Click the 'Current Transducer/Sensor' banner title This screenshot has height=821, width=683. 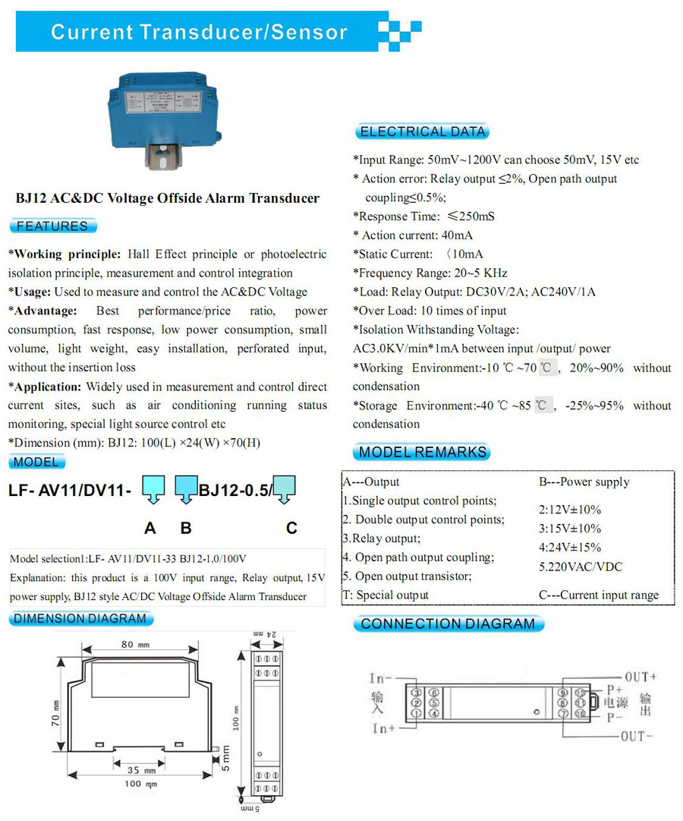[x=199, y=33]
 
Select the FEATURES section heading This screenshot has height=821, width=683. [x=52, y=226]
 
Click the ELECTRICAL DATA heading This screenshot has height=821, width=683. [x=423, y=131]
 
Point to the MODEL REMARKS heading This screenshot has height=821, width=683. [x=423, y=453]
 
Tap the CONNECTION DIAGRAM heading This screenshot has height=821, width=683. [x=448, y=624]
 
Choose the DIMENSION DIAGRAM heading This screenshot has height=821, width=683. [x=80, y=618]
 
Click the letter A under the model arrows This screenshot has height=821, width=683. [x=150, y=528]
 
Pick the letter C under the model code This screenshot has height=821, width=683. [x=291, y=528]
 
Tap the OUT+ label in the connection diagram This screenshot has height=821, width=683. [x=640, y=676]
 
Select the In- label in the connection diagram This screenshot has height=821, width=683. [x=380, y=677]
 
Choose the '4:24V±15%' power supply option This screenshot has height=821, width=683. [x=569, y=547]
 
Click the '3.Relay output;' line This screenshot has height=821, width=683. [x=381, y=538]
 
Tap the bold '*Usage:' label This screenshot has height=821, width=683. [x=30, y=292]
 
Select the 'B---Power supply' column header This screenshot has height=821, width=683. [x=584, y=482]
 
